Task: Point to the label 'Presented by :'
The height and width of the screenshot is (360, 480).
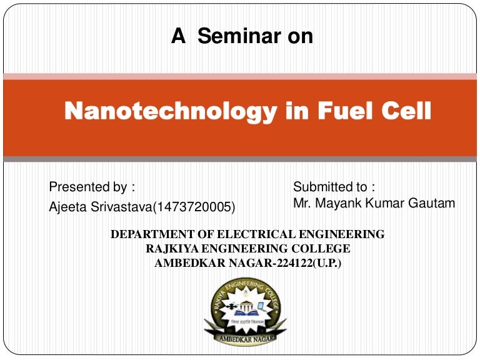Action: (92, 187)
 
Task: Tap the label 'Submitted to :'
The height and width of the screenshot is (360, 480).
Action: (334, 187)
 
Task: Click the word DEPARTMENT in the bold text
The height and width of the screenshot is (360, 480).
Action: (156, 235)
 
